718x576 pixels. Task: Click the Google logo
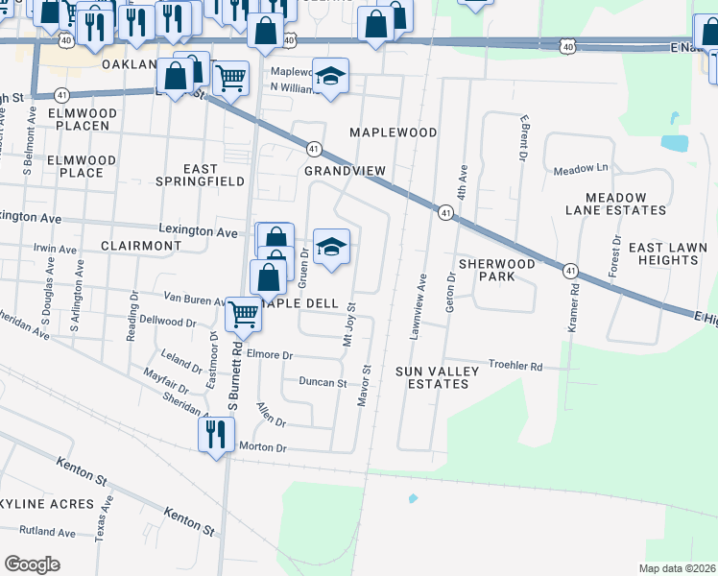[x=33, y=564]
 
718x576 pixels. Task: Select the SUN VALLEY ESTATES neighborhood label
[x=432, y=376]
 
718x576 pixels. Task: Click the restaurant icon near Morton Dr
[x=216, y=434]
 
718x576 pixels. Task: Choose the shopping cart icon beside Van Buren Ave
[x=244, y=313]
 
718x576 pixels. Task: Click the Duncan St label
[x=323, y=382]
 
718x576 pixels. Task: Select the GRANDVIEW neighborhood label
[x=345, y=170]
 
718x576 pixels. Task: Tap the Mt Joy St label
[x=349, y=325]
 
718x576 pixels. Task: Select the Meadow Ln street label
[x=582, y=170]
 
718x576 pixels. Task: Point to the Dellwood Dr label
[x=167, y=322]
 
